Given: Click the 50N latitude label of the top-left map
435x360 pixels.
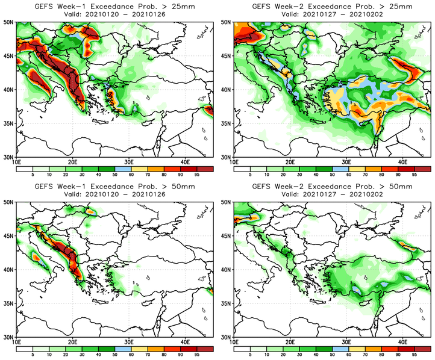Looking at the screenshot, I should point(9,22).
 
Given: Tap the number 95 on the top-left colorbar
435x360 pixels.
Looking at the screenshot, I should point(196,176).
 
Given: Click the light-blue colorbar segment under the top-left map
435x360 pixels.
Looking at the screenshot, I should point(122,169).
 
